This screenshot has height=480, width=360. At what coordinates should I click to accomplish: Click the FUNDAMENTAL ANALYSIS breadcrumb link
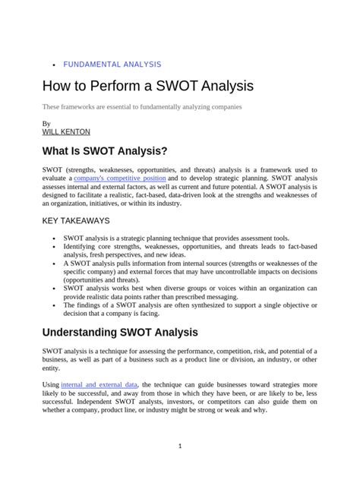(112, 65)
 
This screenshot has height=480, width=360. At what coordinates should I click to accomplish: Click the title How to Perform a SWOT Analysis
(147, 86)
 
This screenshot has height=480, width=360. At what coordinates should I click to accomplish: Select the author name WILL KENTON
(66, 131)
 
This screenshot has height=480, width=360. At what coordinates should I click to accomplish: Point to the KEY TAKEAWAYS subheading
(76, 221)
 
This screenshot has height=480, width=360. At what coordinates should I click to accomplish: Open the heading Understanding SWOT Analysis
(120, 332)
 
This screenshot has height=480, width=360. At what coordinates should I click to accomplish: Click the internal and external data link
(100, 385)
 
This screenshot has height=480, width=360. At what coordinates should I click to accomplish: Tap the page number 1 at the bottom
(180, 446)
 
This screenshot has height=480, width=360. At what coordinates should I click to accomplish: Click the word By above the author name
(46, 122)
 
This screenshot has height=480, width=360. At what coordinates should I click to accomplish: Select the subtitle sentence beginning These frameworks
(142, 107)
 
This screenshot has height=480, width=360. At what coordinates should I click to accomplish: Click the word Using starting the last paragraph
(50, 385)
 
